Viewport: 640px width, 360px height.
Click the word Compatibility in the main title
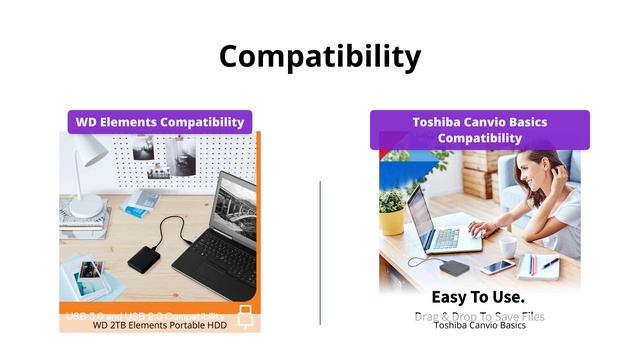pos(320,56)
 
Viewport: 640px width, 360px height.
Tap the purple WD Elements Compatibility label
pos(160,122)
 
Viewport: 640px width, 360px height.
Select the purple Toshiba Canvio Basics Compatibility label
pos(480,130)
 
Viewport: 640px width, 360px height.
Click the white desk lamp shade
pos(88,150)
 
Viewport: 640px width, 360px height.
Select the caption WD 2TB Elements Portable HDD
pos(160,325)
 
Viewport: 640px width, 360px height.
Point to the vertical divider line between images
pos(320,250)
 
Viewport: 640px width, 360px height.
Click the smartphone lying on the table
pos(497,267)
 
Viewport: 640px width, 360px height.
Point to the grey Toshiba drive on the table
pos(455,267)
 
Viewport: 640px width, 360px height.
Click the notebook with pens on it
pos(540,265)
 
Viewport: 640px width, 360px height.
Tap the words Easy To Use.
pos(478,297)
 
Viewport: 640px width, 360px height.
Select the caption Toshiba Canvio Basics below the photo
pos(480,325)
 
